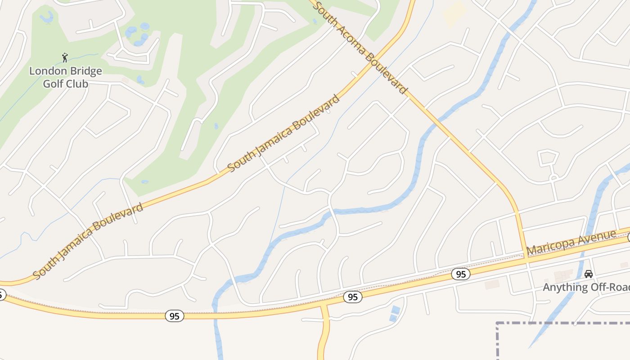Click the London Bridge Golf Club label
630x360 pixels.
66,77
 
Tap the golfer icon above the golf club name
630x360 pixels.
65,58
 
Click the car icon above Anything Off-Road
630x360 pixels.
588,274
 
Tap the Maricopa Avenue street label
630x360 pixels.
571,243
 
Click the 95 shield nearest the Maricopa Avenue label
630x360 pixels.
460,274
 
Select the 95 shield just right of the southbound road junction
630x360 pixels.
353,297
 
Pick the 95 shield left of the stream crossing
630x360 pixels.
174,316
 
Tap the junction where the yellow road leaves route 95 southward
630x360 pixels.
324,306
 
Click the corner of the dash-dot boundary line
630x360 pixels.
497,323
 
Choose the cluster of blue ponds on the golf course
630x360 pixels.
137,33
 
